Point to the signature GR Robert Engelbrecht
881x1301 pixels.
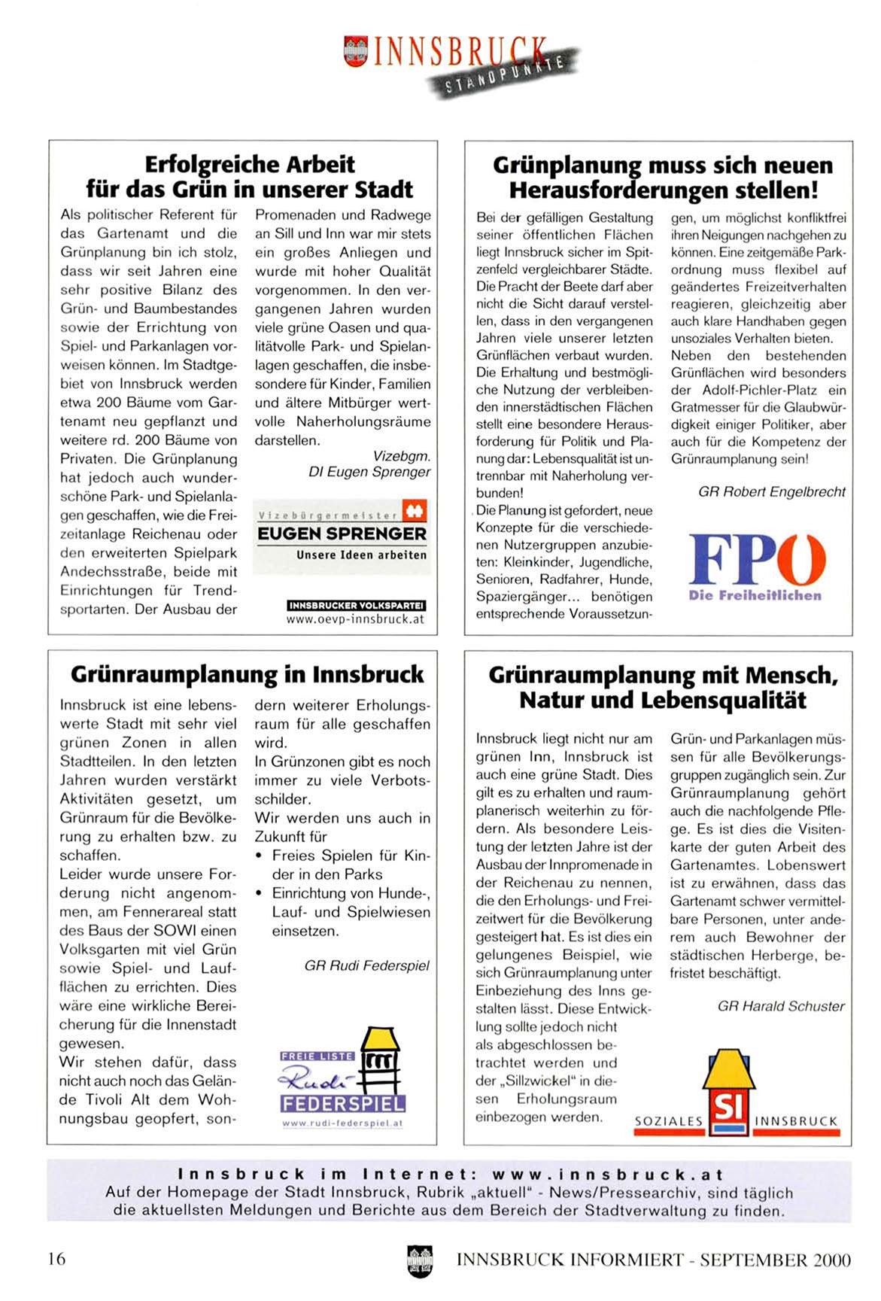772,492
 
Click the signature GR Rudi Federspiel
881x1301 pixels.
367,965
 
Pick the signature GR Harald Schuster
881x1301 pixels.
781,1006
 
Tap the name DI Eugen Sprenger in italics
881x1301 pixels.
369,472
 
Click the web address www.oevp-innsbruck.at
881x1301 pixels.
355,619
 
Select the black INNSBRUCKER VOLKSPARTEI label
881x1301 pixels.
356,605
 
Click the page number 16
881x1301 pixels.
56,1258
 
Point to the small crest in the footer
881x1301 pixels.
420,1260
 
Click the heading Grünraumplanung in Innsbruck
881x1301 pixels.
248,674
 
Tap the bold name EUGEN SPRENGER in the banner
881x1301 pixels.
342,534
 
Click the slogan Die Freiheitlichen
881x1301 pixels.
755,595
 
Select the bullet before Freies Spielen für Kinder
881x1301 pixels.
259,856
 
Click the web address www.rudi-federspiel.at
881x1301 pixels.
342,1123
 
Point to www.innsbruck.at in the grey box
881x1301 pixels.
608,1175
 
